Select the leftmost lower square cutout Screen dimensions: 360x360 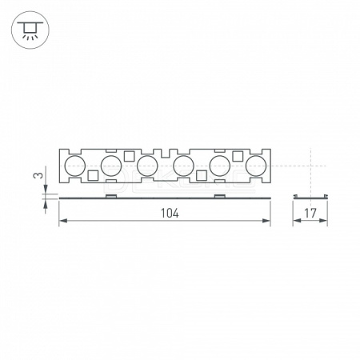click(93, 175)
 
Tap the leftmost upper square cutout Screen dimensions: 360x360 click(130, 156)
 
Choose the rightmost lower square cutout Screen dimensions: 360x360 click(202, 175)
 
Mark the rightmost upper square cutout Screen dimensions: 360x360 click(238, 156)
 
